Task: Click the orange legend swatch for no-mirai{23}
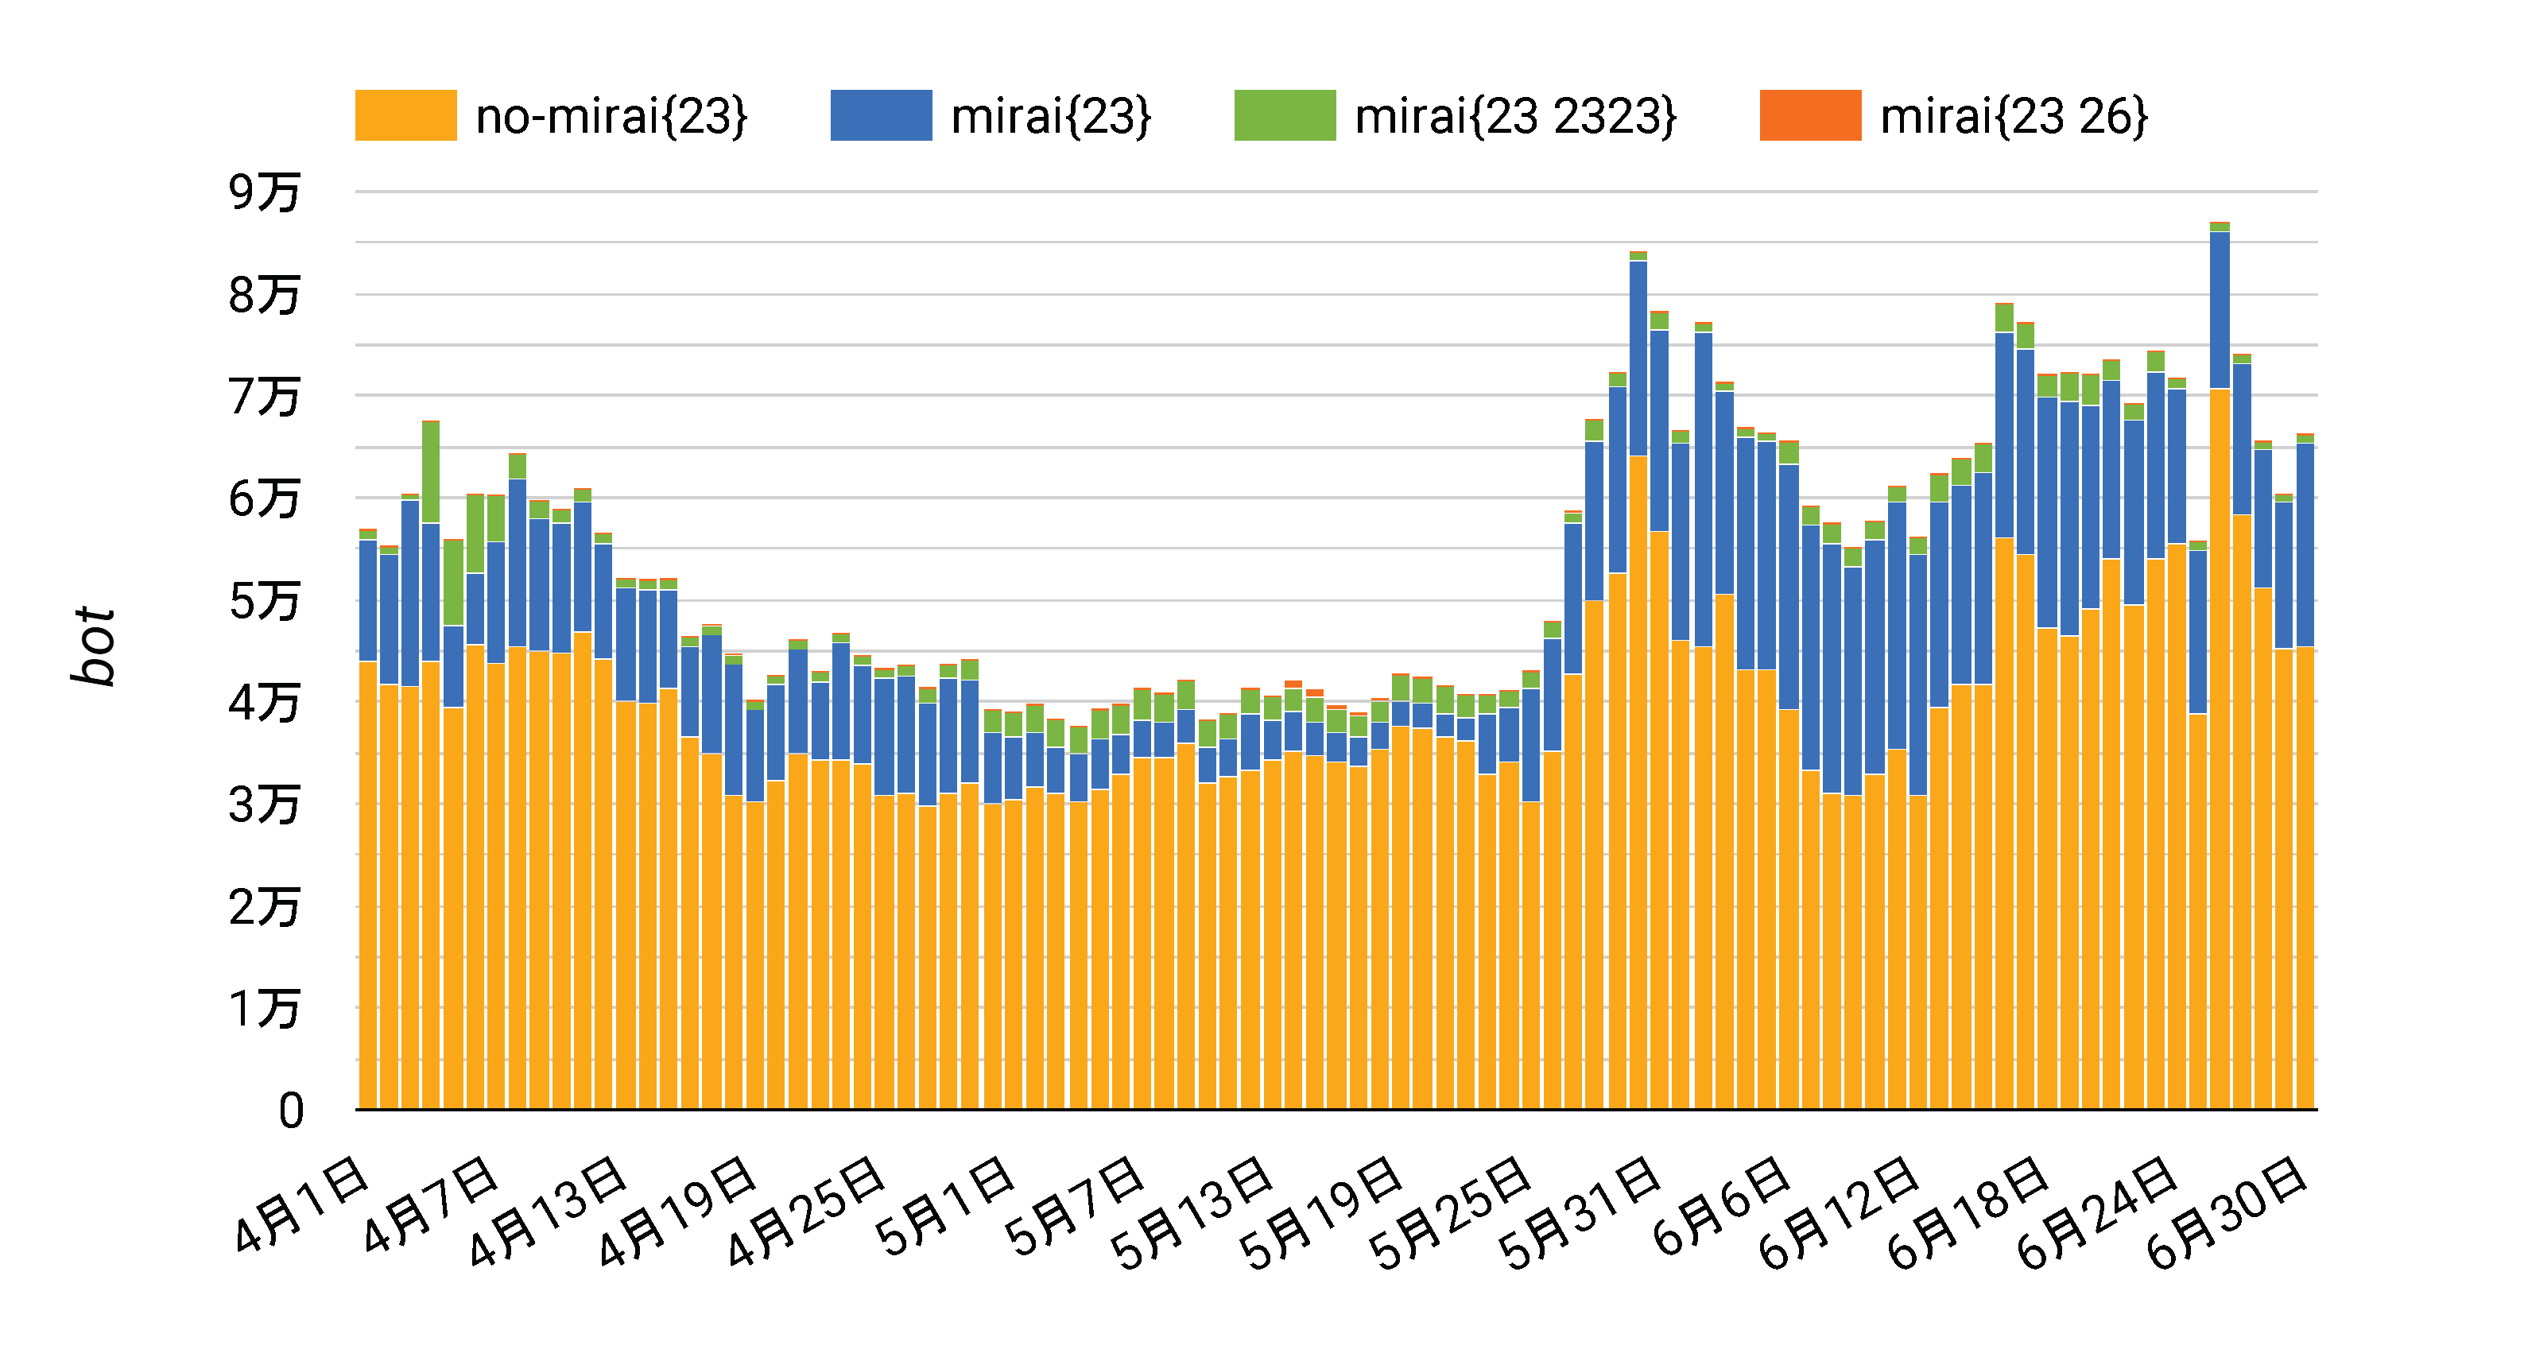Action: pos(405,115)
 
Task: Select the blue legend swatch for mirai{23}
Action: pos(880,115)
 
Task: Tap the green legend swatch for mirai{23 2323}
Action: pos(1284,115)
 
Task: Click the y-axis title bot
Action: pos(95,645)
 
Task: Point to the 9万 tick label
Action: pos(264,192)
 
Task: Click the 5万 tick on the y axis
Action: pos(264,601)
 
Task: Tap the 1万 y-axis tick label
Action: pos(264,1010)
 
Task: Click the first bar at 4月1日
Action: pos(368,833)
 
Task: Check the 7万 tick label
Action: pos(264,397)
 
